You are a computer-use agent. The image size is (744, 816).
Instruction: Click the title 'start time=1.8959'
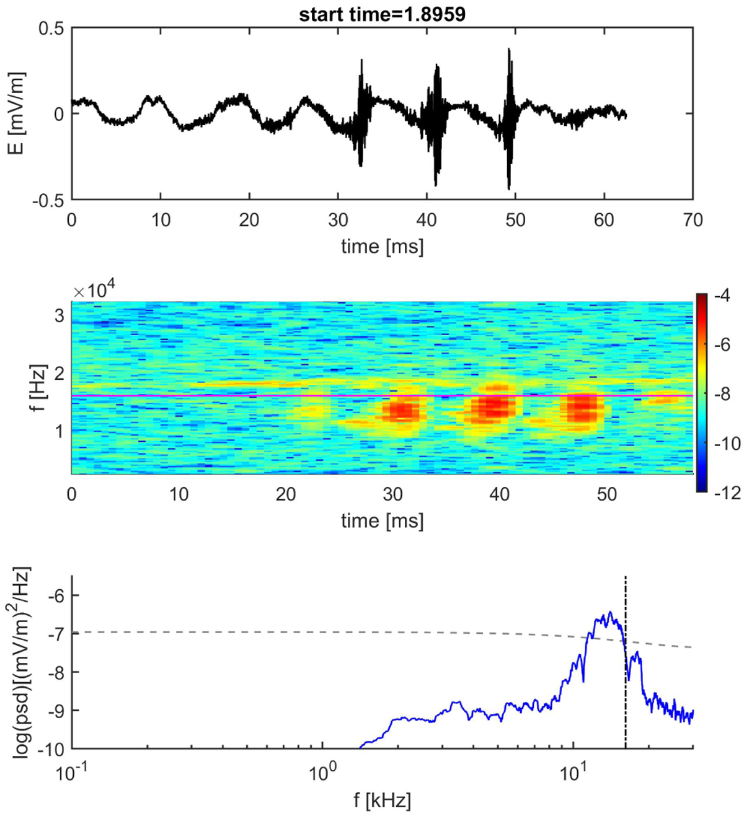[x=382, y=14]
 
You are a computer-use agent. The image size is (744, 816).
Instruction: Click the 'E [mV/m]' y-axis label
[x=17, y=113]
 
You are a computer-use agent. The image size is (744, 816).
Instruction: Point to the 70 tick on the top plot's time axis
[x=693, y=220]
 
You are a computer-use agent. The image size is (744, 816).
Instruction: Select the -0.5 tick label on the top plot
[x=48, y=200]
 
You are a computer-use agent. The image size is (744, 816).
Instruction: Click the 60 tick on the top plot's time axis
[x=604, y=220]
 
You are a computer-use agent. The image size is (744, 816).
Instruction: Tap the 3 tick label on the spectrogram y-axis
[x=59, y=315]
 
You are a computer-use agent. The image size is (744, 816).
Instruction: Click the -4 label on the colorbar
[x=721, y=296]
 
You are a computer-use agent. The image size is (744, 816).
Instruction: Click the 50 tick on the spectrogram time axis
[x=607, y=494]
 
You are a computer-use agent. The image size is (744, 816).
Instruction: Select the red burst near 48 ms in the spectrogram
[x=583, y=408]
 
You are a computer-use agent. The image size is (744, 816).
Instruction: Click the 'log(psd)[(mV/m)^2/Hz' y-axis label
[x=20, y=662]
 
